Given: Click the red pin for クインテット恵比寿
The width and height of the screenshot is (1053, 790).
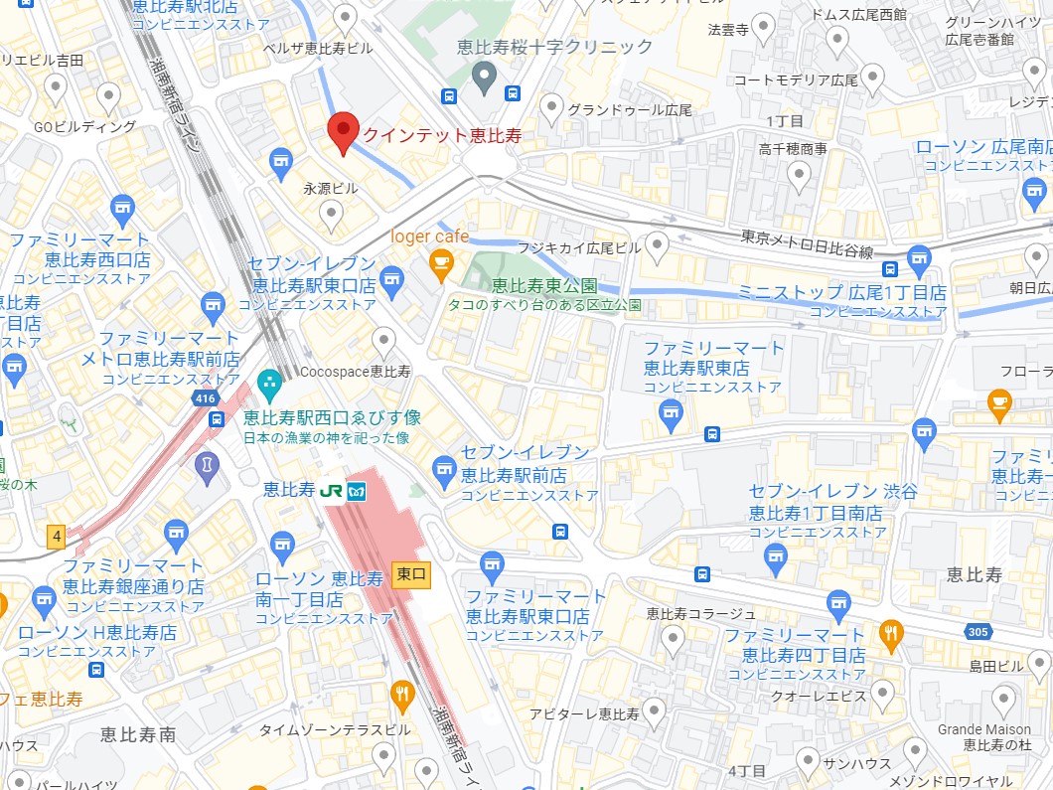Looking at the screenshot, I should [x=343, y=130].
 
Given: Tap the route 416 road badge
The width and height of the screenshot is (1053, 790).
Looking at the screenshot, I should [x=206, y=398].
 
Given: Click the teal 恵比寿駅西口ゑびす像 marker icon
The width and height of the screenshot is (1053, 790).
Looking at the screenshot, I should [x=268, y=382].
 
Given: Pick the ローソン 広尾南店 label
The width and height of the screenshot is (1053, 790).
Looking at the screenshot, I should [x=982, y=147].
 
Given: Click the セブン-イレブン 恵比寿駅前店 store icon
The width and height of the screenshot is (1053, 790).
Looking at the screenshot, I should [x=444, y=466].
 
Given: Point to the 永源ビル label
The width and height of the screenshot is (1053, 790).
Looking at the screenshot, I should [x=330, y=187].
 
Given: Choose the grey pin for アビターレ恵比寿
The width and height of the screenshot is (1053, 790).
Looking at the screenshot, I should [x=653, y=711].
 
